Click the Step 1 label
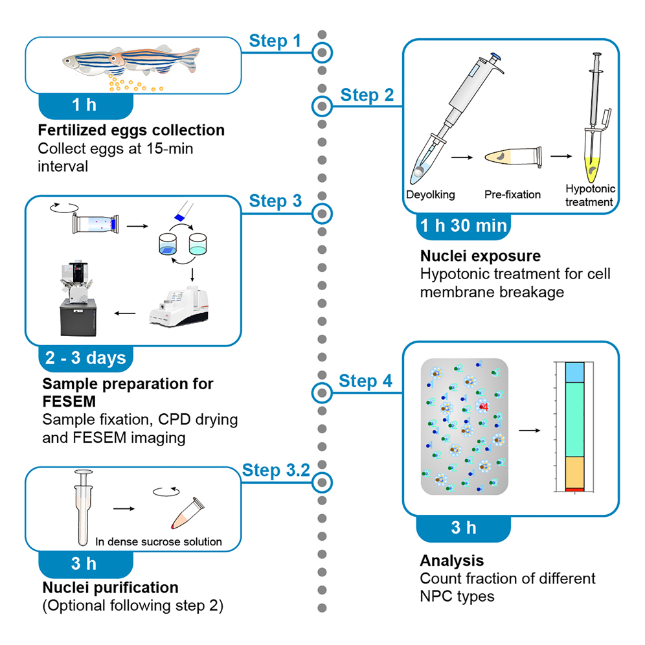tap(275, 41)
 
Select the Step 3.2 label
tap(276, 470)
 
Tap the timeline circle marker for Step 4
tap(322, 392)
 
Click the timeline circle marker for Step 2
tap(322, 105)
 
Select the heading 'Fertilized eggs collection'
tap(131, 130)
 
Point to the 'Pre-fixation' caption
tap(512, 194)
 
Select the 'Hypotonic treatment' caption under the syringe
tap(589, 195)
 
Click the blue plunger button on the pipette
tap(495, 57)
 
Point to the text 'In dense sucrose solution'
tap(159, 541)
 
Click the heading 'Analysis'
tap(451, 560)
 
